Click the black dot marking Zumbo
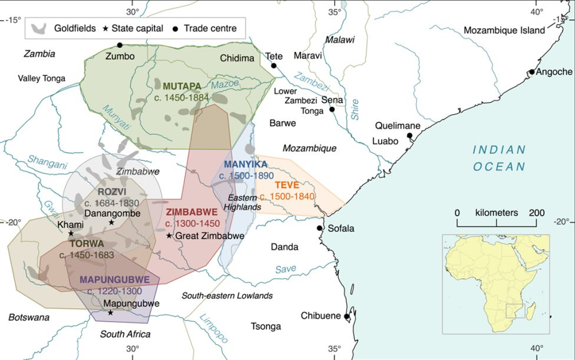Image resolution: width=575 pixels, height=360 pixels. pyautogui.click(x=120, y=45)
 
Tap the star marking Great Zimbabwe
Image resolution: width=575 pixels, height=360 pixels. pyautogui.click(x=169, y=236)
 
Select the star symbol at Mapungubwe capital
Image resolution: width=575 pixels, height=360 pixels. pyautogui.click(x=110, y=312)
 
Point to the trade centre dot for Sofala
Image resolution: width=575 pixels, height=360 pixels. pyautogui.click(x=319, y=228)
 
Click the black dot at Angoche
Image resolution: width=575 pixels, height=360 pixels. pyautogui.click(x=531, y=72)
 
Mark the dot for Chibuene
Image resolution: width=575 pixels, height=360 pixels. pyautogui.click(x=347, y=316)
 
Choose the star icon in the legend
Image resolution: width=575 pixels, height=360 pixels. pyautogui.click(x=106, y=28)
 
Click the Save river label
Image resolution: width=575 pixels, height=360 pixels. pyautogui.click(x=286, y=269)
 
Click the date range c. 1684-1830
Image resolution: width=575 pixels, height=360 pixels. pyautogui.click(x=111, y=203)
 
